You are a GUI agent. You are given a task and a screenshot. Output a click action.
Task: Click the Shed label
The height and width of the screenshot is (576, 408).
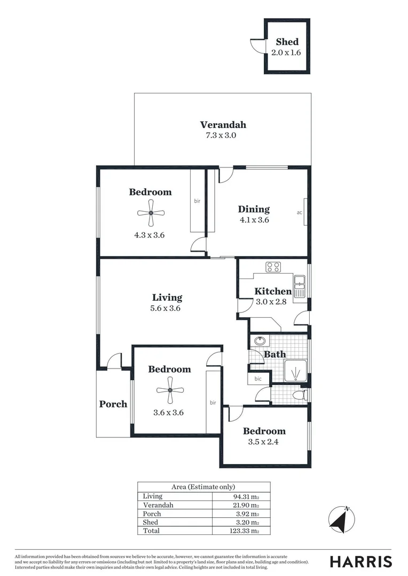[287, 42]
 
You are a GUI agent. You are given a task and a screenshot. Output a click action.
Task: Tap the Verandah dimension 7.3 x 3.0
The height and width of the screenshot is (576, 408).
[221, 135]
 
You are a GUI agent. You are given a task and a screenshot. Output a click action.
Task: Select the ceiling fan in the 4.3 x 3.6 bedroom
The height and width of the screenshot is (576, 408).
[151, 213]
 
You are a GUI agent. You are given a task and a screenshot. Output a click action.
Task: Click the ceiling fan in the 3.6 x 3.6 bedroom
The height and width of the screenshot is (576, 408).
[170, 390]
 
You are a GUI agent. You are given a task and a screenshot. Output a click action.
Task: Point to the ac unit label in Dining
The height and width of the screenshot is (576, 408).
[300, 212]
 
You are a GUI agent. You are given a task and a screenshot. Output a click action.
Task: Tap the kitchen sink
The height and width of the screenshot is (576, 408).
[299, 286]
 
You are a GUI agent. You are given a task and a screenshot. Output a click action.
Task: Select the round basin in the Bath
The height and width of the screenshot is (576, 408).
[260, 341]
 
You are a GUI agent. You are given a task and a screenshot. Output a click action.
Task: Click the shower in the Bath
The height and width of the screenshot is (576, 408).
[295, 370]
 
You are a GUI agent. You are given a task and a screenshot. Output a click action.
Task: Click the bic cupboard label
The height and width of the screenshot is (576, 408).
[258, 379]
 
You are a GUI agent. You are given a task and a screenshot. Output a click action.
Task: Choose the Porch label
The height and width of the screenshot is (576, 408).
[113, 404]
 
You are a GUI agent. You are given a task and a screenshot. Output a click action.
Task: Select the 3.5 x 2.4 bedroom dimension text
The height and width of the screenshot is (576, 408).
[264, 442]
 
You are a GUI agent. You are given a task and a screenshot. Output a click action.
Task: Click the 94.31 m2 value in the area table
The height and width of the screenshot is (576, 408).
[246, 496]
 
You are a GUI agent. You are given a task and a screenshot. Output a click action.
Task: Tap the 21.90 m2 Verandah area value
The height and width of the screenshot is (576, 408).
[246, 505]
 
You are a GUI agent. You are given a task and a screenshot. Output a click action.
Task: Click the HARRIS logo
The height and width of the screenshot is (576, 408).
[360, 561]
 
